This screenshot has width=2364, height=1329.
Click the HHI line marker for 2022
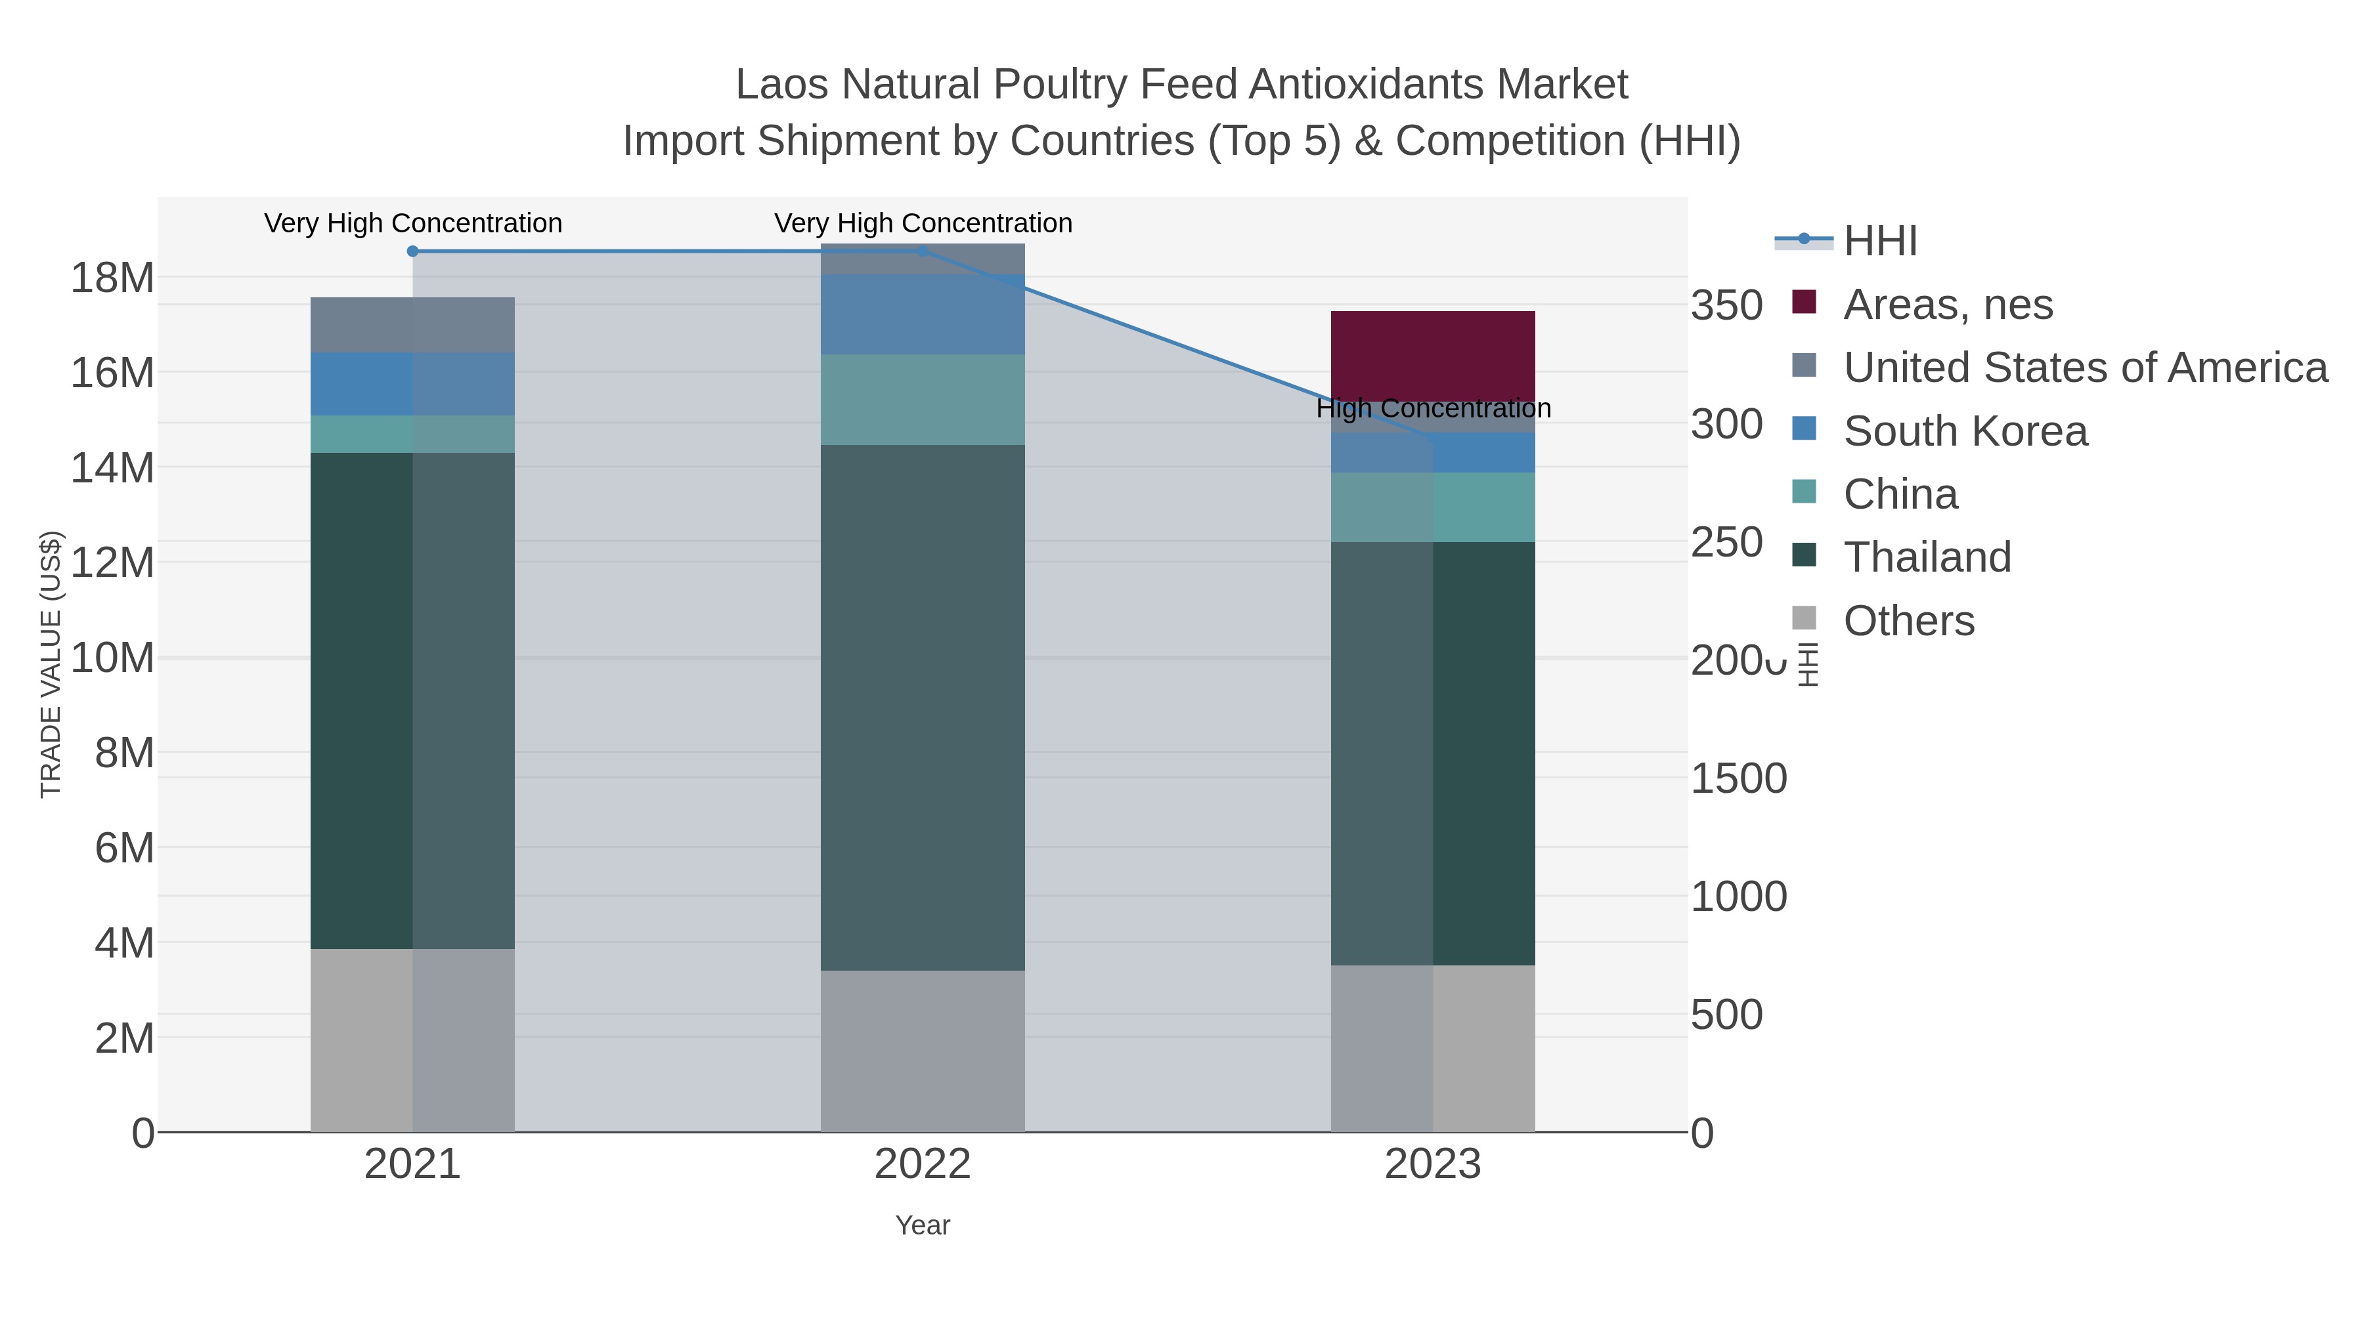tap(923, 251)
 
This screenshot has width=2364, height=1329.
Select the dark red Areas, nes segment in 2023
tap(1433, 353)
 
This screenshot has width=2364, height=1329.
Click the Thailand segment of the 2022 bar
tap(923, 706)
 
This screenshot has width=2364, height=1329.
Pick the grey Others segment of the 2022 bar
tap(923, 1050)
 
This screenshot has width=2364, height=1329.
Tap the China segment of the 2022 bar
tap(923, 399)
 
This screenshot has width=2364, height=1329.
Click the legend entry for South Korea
tap(1964, 431)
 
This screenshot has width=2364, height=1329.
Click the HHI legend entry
tap(1879, 242)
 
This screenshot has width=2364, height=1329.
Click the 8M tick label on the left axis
tap(124, 753)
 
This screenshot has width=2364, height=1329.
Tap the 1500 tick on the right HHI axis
tap(1738, 778)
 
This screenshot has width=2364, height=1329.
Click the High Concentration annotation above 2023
tap(1433, 409)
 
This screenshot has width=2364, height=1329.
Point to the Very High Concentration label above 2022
tap(923, 224)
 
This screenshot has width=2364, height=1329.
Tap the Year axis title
tap(923, 1225)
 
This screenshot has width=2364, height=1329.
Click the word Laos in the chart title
tap(783, 85)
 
